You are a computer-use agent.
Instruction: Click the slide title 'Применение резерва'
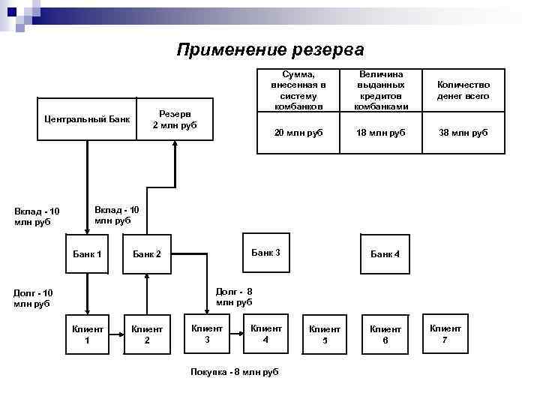270,50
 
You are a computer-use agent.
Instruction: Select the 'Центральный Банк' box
87,119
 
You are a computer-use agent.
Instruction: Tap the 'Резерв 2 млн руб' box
175,119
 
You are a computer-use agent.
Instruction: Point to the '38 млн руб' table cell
463,132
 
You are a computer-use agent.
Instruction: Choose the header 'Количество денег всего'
463,91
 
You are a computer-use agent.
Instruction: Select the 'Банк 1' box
87,253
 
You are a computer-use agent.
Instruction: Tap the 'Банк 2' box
147,254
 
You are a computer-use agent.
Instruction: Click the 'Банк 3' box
265,253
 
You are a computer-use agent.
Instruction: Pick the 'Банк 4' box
385,254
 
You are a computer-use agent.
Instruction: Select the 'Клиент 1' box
87,334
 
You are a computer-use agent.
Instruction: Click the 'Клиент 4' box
266,334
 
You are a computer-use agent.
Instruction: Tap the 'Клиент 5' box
325,334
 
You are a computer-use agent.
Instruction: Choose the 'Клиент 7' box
445,334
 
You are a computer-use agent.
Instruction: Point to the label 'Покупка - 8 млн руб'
235,372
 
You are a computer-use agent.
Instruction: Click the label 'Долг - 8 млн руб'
234,296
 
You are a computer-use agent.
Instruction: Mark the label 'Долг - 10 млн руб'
34,298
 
